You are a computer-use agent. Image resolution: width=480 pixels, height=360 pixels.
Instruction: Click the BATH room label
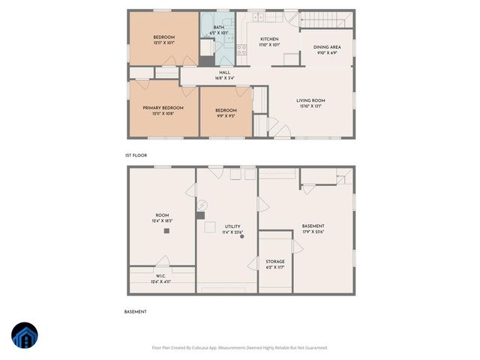coord(218,28)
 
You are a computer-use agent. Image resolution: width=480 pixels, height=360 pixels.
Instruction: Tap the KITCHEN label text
coord(270,39)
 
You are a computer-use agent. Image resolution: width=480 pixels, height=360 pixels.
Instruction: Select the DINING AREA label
coord(331,47)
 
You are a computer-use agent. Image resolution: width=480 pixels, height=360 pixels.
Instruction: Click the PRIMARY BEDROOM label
coord(163,108)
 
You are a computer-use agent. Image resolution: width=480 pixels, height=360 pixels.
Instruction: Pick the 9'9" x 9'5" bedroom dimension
coord(226,115)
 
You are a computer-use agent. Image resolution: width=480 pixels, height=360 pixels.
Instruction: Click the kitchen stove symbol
coord(242,50)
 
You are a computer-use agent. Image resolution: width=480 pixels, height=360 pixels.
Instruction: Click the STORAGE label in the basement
coord(275,262)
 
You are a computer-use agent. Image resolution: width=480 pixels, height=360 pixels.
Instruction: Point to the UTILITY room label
coord(232,226)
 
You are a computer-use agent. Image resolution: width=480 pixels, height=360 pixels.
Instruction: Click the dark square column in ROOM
coord(167,232)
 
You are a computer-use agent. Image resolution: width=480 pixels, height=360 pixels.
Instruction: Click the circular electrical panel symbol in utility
coord(203,204)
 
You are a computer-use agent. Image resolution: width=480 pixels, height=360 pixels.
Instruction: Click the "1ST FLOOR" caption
coord(136,155)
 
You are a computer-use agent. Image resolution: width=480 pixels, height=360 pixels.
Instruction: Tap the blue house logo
coord(23,336)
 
